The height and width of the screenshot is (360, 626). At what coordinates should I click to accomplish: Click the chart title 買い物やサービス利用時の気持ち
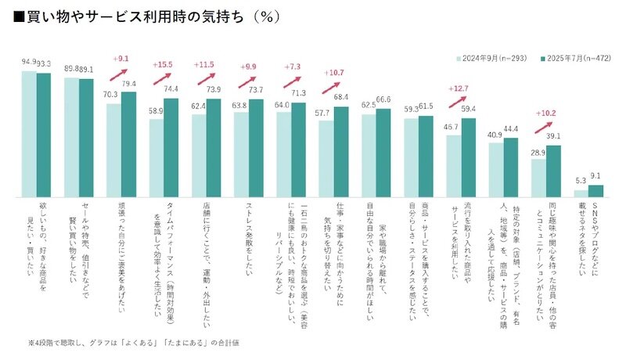(x=149, y=16)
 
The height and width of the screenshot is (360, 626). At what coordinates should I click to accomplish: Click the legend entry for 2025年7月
(x=568, y=57)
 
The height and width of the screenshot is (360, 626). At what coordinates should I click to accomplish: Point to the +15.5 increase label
(x=164, y=63)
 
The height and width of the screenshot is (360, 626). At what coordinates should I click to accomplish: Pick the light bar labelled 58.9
(x=156, y=157)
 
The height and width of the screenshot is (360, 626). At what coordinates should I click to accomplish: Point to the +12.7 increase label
(x=460, y=88)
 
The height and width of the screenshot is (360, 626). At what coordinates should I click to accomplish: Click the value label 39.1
(x=554, y=135)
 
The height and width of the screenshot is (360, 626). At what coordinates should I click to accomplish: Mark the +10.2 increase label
(x=544, y=112)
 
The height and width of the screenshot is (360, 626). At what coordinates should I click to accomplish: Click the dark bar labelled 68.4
(x=341, y=150)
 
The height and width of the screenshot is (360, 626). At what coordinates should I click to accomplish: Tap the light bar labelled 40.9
(x=496, y=168)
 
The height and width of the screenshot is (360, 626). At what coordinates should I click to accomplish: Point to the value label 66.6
(x=384, y=99)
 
